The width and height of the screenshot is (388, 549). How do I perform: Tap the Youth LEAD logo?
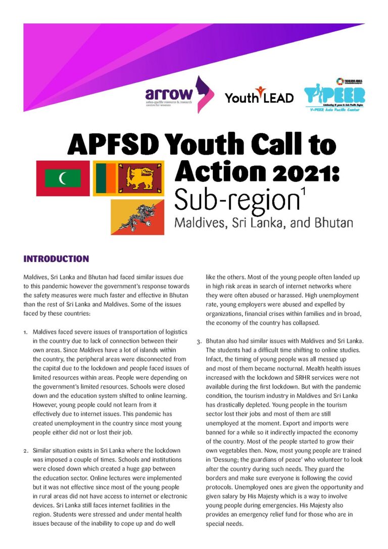259,96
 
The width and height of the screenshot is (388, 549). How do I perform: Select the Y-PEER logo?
334,95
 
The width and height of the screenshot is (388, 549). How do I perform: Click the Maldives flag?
63,178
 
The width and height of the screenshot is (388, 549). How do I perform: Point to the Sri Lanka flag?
128,178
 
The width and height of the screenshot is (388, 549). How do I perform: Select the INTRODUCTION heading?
56,259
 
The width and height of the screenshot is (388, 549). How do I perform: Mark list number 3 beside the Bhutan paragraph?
199,341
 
